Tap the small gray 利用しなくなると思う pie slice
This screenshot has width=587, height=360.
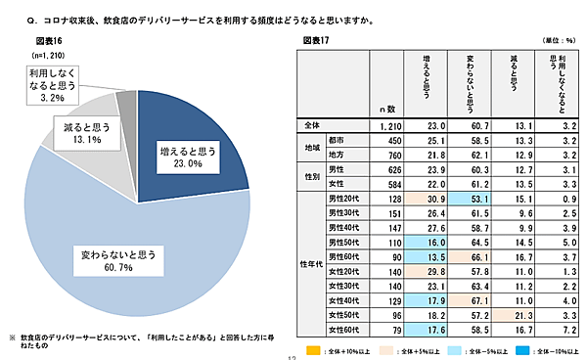[x=126, y=102]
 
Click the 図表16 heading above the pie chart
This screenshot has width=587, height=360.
[x=50, y=42]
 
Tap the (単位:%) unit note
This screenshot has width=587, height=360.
[x=558, y=41]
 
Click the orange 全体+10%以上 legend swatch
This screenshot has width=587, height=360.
[x=312, y=347]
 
